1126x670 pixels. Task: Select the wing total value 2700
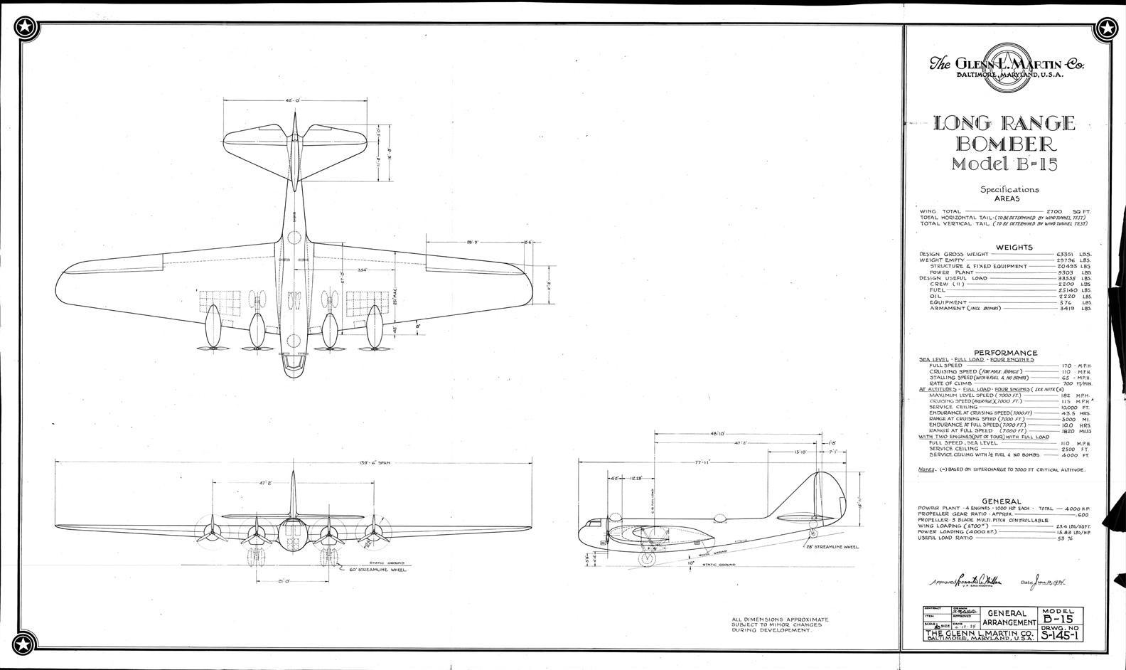click(1068, 211)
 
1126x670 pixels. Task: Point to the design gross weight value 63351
click(1068, 254)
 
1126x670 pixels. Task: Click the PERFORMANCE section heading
click(1005, 353)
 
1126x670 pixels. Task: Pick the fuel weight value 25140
click(1068, 290)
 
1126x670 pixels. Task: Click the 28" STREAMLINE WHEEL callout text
click(832, 547)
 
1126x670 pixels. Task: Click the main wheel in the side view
click(647, 559)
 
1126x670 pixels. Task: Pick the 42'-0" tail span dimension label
click(293, 101)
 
